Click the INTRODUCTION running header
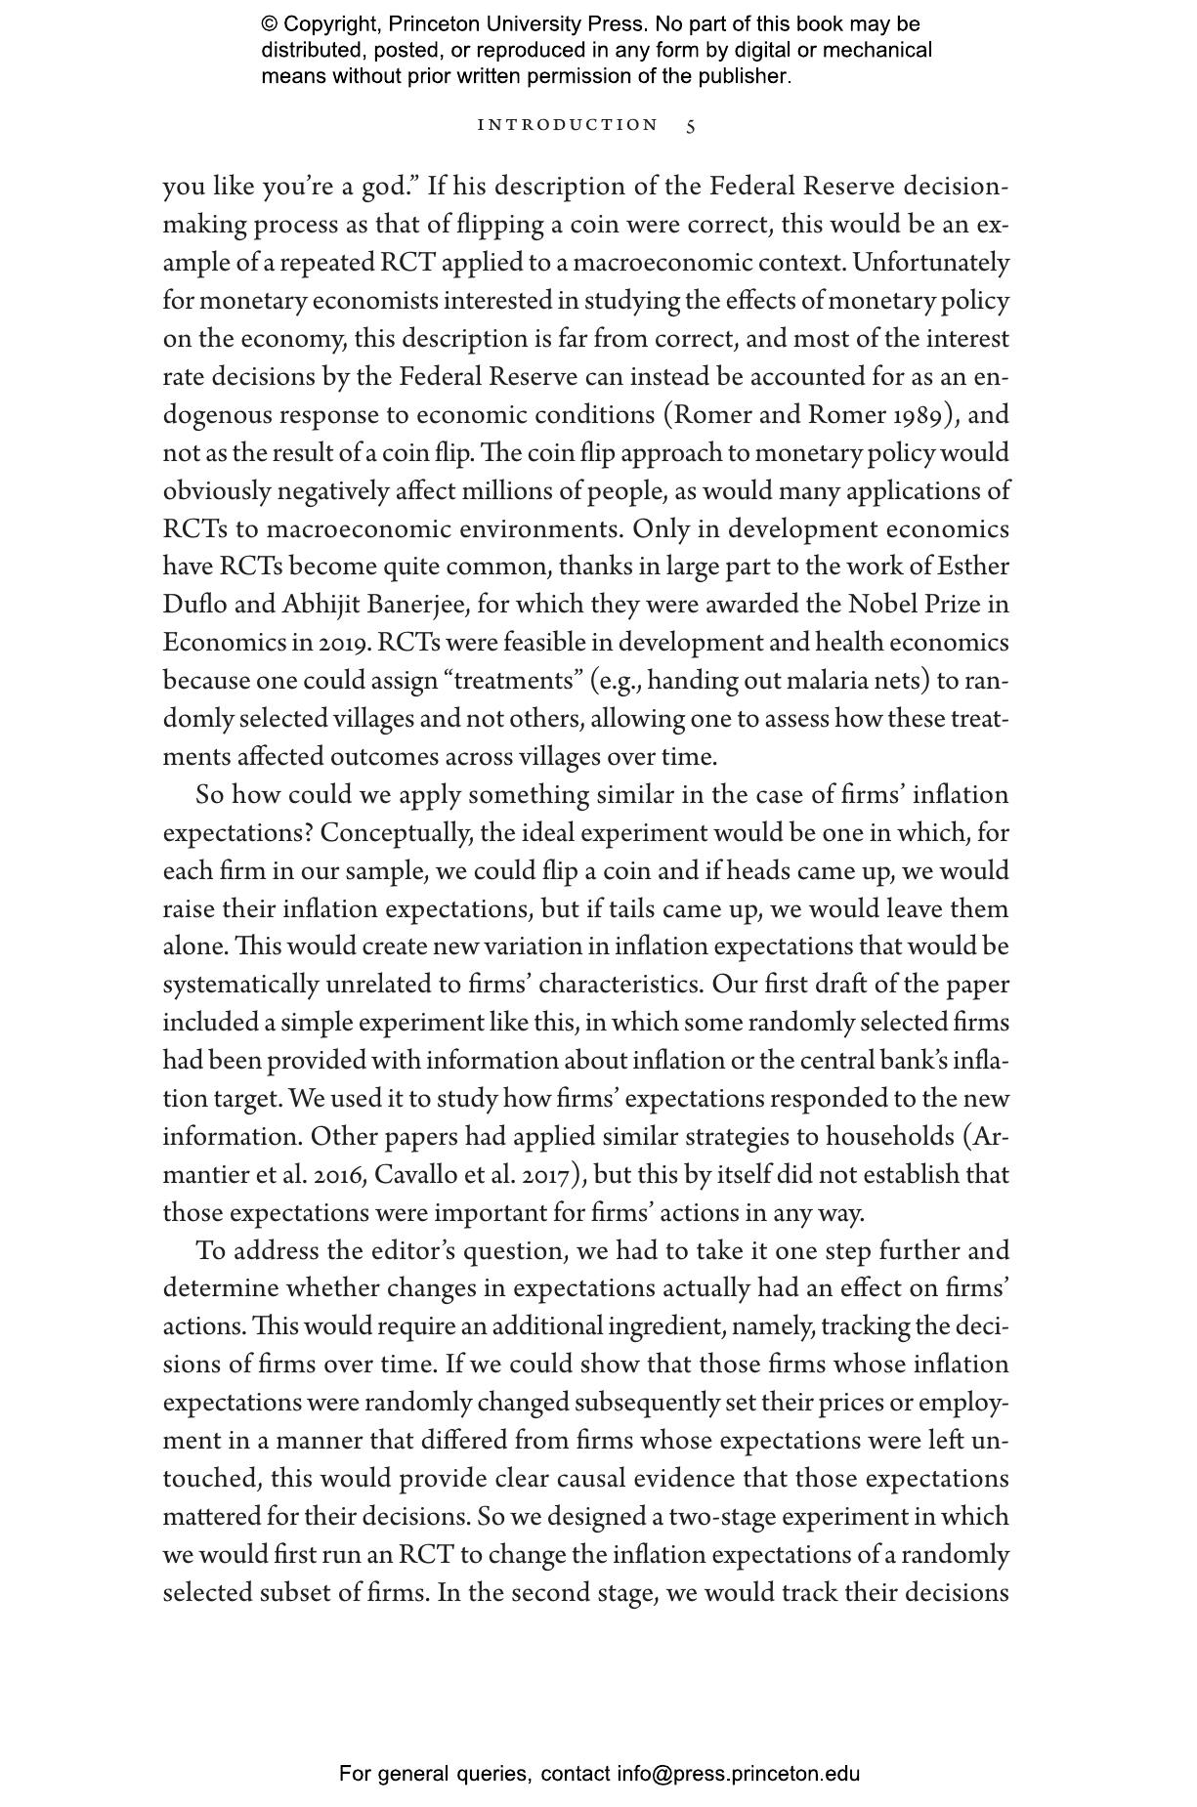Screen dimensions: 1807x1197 click(568, 125)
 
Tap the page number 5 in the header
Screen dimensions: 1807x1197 click(691, 126)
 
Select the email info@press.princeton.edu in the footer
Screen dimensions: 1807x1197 click(738, 1774)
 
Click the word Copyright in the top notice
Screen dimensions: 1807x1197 click(327, 24)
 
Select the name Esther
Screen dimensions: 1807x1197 click(973, 567)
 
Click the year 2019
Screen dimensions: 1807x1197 click(344, 643)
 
